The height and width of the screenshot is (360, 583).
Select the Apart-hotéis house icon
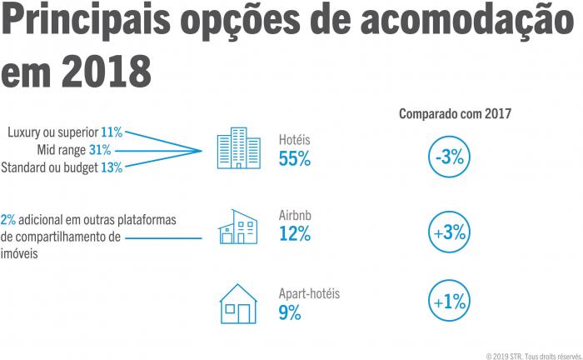pyautogui.click(x=237, y=304)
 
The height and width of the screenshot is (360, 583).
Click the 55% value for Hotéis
pyautogui.click(x=295, y=159)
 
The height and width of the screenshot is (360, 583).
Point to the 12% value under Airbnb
pyautogui.click(x=295, y=235)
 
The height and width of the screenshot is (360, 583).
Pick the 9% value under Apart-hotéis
pyautogui.click(x=290, y=312)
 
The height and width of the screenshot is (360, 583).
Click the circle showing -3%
pyautogui.click(x=450, y=156)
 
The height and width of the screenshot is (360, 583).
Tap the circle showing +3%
pyautogui.click(x=450, y=232)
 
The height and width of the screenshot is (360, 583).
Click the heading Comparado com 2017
pyautogui.click(x=455, y=113)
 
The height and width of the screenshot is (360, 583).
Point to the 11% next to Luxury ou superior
pyautogui.click(x=112, y=132)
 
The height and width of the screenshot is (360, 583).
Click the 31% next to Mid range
pyautogui.click(x=100, y=150)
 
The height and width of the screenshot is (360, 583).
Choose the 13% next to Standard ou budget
pyautogui.click(x=112, y=167)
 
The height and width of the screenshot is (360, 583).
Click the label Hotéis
pyautogui.click(x=295, y=140)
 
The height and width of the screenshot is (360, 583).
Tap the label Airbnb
pyautogui.click(x=296, y=216)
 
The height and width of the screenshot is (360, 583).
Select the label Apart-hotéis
pyautogui.click(x=310, y=293)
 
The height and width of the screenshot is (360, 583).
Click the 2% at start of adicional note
pyautogui.click(x=8, y=220)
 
